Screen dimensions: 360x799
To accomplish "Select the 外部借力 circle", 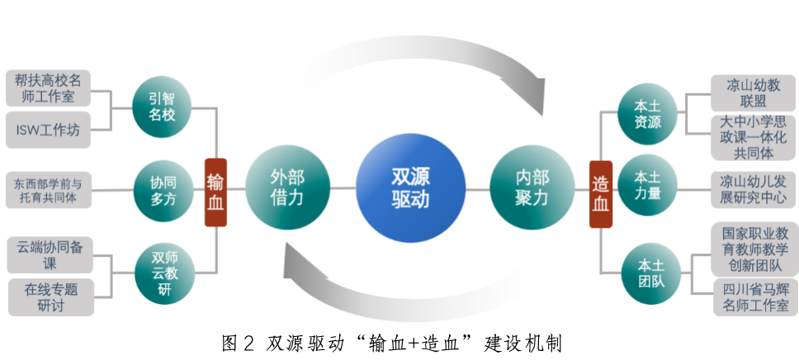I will pos(288,187).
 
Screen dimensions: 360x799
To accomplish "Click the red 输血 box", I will pos(215,192).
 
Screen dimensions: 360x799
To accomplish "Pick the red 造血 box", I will pos(601,193).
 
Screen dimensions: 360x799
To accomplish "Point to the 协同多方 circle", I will pos(163,191).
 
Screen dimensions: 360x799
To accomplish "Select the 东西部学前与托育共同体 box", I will pos(47,190).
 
